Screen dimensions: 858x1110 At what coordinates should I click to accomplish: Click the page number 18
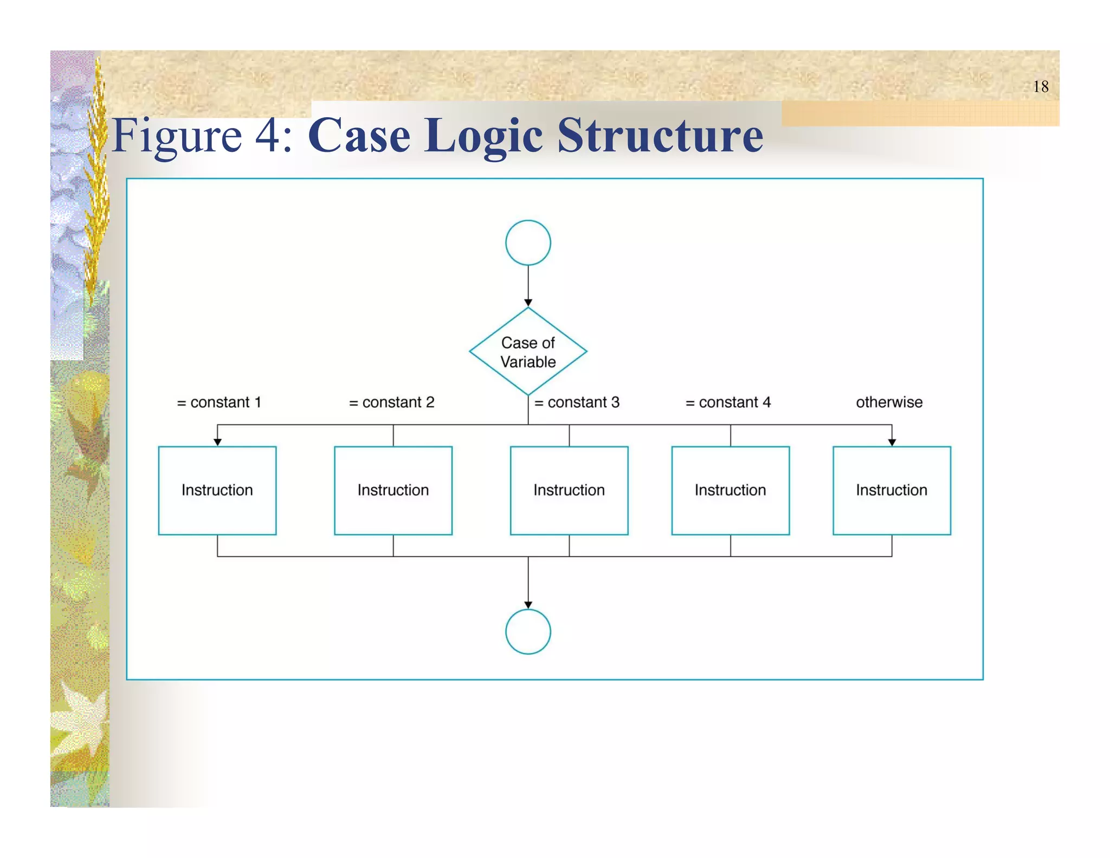coord(1040,87)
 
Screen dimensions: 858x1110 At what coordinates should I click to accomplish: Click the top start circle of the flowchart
coord(528,242)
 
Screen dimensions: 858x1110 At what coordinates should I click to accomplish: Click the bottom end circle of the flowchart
coord(528,631)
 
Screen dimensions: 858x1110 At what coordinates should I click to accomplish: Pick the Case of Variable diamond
coord(528,351)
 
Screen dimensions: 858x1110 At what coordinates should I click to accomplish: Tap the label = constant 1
coord(219,402)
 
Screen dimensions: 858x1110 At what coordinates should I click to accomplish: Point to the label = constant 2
coord(391,402)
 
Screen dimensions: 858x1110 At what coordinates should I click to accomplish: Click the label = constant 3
coord(577,402)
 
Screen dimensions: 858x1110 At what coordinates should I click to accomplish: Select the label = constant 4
coord(728,402)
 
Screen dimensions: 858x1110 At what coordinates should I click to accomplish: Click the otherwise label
coord(889,402)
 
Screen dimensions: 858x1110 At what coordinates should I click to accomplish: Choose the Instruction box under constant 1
coord(217,490)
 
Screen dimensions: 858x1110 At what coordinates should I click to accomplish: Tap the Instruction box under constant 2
coord(393,490)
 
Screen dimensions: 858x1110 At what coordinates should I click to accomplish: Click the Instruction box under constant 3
coord(569,490)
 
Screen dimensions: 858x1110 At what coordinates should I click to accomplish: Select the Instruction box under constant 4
coord(730,490)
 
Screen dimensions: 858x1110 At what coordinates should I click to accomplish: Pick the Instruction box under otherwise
coord(892,490)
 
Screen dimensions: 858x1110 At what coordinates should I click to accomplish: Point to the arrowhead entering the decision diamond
coord(528,303)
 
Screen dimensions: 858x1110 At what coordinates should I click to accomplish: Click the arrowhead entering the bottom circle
coord(528,605)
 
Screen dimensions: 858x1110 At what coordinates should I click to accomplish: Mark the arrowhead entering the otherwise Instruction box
coord(892,443)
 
